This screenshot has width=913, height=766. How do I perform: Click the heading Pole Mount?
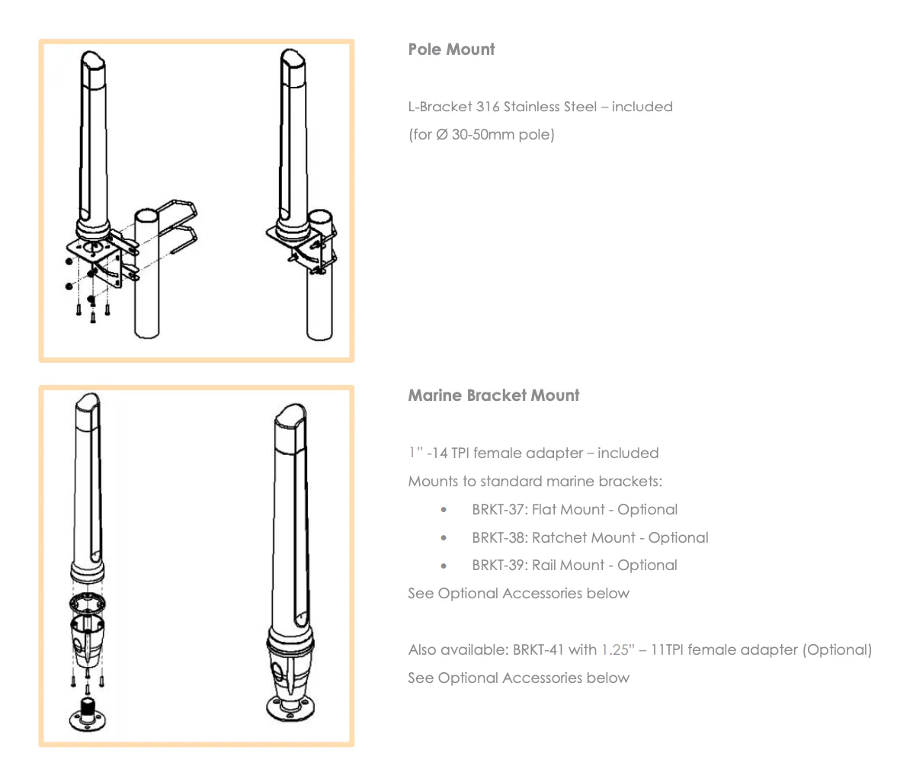451,50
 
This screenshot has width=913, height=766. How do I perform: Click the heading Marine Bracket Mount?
493,396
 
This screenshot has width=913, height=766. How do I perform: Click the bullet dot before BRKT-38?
444,538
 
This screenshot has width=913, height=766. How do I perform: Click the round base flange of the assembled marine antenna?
291,707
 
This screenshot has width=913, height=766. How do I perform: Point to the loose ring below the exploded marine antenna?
86,605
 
